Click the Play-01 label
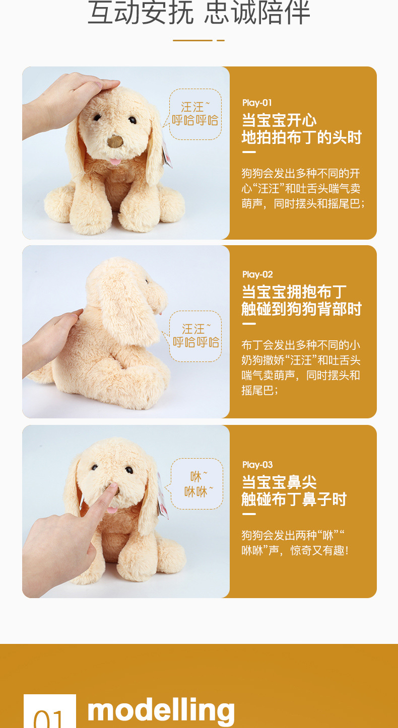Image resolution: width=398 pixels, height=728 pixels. (x=257, y=103)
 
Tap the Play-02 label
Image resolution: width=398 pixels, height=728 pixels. (x=257, y=274)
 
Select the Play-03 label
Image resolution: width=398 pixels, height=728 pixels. (x=257, y=465)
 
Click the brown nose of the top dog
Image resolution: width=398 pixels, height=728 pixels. (x=115, y=141)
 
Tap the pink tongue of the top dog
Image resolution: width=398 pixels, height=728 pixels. (x=115, y=161)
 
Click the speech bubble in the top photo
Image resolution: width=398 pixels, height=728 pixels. (x=195, y=114)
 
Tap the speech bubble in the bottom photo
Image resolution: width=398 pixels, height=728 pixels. (x=196, y=484)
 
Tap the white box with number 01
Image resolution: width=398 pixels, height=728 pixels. (x=50, y=711)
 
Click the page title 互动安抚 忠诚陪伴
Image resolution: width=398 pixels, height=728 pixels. (x=198, y=13)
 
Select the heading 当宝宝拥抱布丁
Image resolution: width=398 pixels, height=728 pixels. (x=294, y=292)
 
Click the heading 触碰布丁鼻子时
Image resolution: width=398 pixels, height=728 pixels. (x=294, y=499)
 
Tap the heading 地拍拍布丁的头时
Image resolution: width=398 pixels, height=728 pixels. (x=301, y=137)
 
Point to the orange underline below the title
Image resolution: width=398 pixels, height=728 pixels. (x=198, y=40)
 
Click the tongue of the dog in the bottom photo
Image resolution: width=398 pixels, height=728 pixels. (x=112, y=510)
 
